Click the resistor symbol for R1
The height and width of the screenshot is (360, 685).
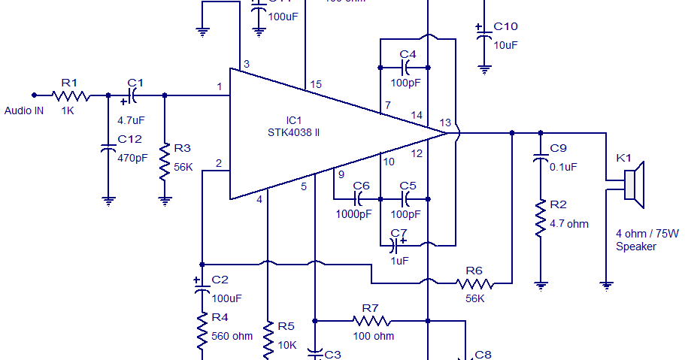[x=71, y=95]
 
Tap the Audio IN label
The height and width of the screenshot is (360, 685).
[x=24, y=110]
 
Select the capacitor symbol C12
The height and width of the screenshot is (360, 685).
[x=108, y=150]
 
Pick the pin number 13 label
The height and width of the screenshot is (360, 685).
[x=445, y=123]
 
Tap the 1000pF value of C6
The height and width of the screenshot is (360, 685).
[x=353, y=213]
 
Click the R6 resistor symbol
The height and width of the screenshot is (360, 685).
[x=474, y=283]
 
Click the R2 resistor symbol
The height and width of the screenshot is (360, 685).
[x=539, y=218]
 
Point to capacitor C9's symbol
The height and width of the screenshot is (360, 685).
[x=539, y=159]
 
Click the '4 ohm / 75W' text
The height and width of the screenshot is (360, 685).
[x=647, y=234]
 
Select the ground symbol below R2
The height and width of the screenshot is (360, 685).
[x=539, y=285]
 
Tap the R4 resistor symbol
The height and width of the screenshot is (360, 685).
[x=202, y=331]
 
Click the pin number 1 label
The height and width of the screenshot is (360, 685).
[x=220, y=88]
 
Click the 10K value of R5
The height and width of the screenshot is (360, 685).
[x=287, y=345]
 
